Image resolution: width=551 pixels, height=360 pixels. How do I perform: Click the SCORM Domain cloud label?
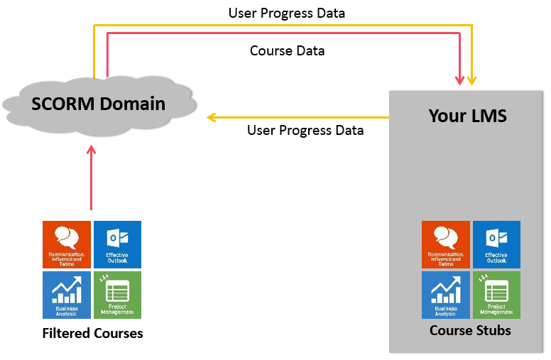(x=99, y=104)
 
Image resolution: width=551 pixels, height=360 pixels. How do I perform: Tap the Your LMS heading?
(x=467, y=116)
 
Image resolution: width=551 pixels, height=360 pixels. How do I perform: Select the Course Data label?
(x=288, y=51)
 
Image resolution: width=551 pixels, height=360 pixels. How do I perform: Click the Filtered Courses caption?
(x=92, y=333)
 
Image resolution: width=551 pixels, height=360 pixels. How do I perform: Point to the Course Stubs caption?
(x=470, y=330)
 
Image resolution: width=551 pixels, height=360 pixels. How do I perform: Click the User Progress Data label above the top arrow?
(x=287, y=13)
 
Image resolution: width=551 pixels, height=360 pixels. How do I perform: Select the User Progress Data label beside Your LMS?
(x=305, y=131)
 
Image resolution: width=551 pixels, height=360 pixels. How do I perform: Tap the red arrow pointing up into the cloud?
(x=91, y=178)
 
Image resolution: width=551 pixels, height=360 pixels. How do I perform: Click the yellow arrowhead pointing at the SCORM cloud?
(x=211, y=117)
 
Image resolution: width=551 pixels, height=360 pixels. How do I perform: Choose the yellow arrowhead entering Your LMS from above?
(x=473, y=80)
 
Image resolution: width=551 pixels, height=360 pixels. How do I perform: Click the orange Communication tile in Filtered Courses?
(x=67, y=244)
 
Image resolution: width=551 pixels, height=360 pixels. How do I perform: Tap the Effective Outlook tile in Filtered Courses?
(x=118, y=244)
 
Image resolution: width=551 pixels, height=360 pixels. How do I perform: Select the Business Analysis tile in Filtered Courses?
(x=67, y=295)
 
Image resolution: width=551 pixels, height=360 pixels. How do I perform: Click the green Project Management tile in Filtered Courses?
(x=118, y=295)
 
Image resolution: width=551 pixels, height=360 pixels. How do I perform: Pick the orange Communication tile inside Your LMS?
(x=445, y=244)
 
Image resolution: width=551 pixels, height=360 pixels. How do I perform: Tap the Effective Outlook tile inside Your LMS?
(x=496, y=244)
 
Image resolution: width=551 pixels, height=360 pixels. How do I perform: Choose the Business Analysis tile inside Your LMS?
(x=445, y=295)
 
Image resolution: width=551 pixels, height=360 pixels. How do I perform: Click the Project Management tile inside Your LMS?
(x=496, y=295)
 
